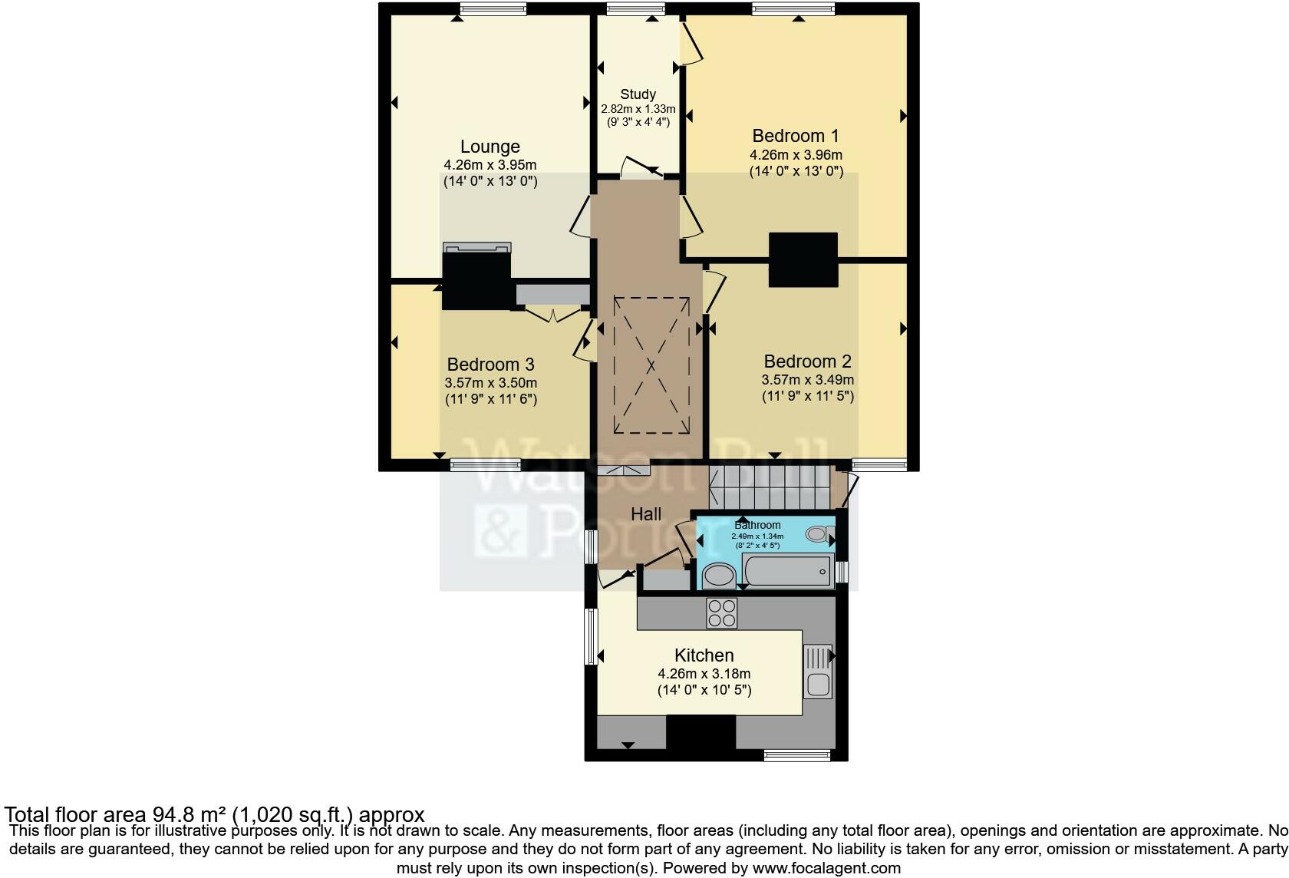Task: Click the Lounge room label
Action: coord(490,147)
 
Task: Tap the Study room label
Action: coord(638,94)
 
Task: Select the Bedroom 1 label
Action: coord(796,136)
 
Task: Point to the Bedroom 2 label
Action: coord(807,361)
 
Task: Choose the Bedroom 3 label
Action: coord(490,365)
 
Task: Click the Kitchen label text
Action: coord(704,655)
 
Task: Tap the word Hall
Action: coord(646,514)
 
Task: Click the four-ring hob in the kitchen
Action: coord(721,613)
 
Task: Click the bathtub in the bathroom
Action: coord(788,572)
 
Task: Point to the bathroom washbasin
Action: coord(719,575)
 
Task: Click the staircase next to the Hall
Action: coord(770,487)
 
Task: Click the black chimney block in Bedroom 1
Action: coord(803,259)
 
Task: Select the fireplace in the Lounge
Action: coord(476,276)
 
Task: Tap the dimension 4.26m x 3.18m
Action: coord(704,674)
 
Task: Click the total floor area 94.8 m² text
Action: coord(214,814)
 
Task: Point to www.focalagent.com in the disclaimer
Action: coord(826,868)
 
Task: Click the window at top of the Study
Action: coord(635,9)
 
